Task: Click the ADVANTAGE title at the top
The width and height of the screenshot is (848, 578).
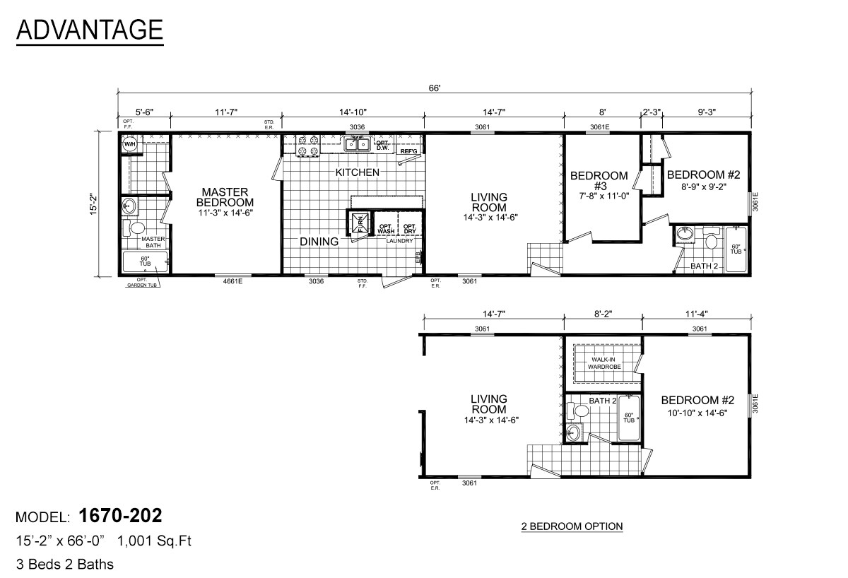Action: (x=89, y=30)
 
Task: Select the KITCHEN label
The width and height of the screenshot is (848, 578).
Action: (x=357, y=172)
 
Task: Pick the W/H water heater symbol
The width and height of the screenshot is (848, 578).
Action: (x=130, y=145)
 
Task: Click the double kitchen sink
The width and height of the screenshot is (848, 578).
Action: (x=357, y=145)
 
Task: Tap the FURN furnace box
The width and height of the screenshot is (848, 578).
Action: (x=358, y=223)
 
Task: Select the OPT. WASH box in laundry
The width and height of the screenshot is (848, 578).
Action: (x=385, y=226)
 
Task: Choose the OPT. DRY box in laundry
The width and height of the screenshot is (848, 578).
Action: (x=410, y=226)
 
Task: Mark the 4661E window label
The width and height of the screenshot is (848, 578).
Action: (x=225, y=281)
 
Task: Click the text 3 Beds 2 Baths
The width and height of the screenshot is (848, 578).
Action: (x=64, y=564)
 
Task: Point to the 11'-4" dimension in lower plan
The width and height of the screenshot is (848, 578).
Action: (x=698, y=313)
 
